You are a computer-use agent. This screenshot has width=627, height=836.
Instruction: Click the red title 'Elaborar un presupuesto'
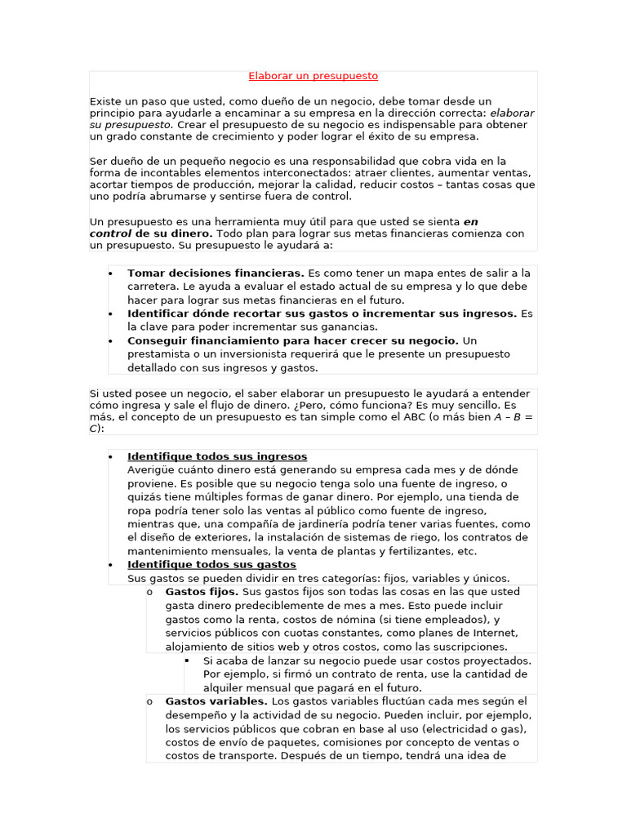pos(313,76)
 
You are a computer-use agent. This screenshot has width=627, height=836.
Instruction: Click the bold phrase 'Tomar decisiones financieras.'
pos(216,273)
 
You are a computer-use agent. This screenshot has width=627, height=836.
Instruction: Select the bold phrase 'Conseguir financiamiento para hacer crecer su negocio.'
pos(292,340)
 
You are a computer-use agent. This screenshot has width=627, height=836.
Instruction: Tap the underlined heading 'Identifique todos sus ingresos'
pos(217,456)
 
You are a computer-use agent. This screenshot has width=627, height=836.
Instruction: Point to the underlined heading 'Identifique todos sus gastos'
pos(211,564)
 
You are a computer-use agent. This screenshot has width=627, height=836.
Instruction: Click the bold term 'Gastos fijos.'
pos(202,592)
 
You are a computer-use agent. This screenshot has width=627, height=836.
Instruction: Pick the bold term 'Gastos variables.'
pos(216,701)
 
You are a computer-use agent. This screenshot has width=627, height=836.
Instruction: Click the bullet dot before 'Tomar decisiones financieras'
pos(109,273)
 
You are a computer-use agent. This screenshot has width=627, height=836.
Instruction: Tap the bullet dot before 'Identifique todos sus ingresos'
pos(109,456)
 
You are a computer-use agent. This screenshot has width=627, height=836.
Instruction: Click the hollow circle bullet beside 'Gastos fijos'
pos(149,592)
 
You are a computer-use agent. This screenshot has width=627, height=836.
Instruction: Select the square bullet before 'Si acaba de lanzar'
pos(187,660)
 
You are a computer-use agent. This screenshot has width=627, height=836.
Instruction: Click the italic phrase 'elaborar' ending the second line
pos(512,113)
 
